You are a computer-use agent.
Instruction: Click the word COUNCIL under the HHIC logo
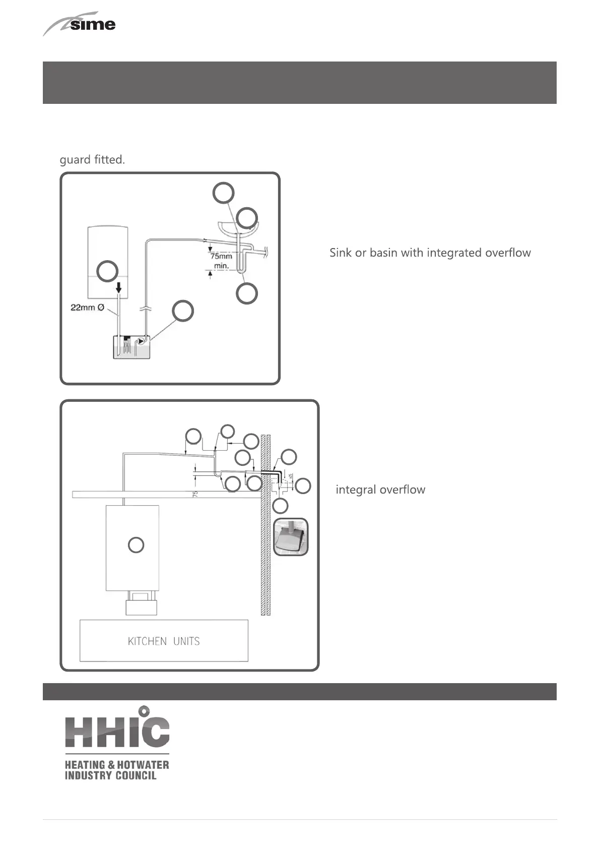click(136, 775)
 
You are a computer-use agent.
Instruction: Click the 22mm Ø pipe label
click(87, 307)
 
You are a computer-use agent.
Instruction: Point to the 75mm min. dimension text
click(221, 261)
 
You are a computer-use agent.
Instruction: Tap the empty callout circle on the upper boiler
click(107, 271)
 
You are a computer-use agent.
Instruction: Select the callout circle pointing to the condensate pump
click(183, 311)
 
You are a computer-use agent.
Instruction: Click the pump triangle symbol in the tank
click(142, 341)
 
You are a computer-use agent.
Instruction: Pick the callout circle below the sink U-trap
click(247, 293)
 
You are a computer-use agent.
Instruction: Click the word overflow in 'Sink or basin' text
click(508, 253)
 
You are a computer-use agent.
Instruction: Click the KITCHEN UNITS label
click(164, 641)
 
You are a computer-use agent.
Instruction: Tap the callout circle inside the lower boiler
click(136, 545)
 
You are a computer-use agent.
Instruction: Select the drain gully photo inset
click(291, 537)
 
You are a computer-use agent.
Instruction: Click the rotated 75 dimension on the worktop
click(195, 494)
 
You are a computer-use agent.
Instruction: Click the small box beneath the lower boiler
click(141, 603)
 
